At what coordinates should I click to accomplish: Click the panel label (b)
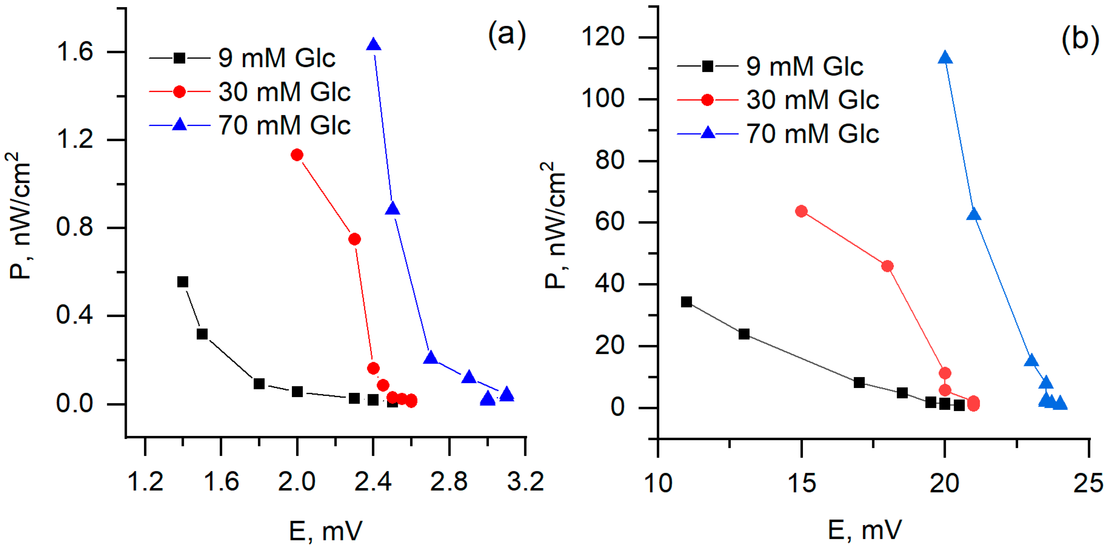[1080, 39]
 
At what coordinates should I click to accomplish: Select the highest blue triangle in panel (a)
[373, 44]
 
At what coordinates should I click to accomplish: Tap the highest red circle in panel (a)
[296, 155]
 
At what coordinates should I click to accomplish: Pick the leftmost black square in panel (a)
[183, 282]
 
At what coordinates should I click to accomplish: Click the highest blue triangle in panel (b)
[945, 58]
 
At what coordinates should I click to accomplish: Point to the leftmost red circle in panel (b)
[801, 211]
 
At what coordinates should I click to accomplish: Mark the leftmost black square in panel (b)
[686, 302]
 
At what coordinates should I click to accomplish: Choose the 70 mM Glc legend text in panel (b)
[812, 134]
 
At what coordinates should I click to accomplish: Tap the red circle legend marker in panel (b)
[707, 100]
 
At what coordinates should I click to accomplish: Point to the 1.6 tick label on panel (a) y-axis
[74, 52]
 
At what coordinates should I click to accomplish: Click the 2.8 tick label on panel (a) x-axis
[449, 482]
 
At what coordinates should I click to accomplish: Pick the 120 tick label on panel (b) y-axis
[603, 37]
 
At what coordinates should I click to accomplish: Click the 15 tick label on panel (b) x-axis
[801, 483]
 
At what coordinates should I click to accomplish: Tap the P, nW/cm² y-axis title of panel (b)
[555, 225]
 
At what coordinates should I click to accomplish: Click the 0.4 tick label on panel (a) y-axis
[74, 315]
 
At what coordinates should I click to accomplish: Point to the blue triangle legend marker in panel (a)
[179, 125]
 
